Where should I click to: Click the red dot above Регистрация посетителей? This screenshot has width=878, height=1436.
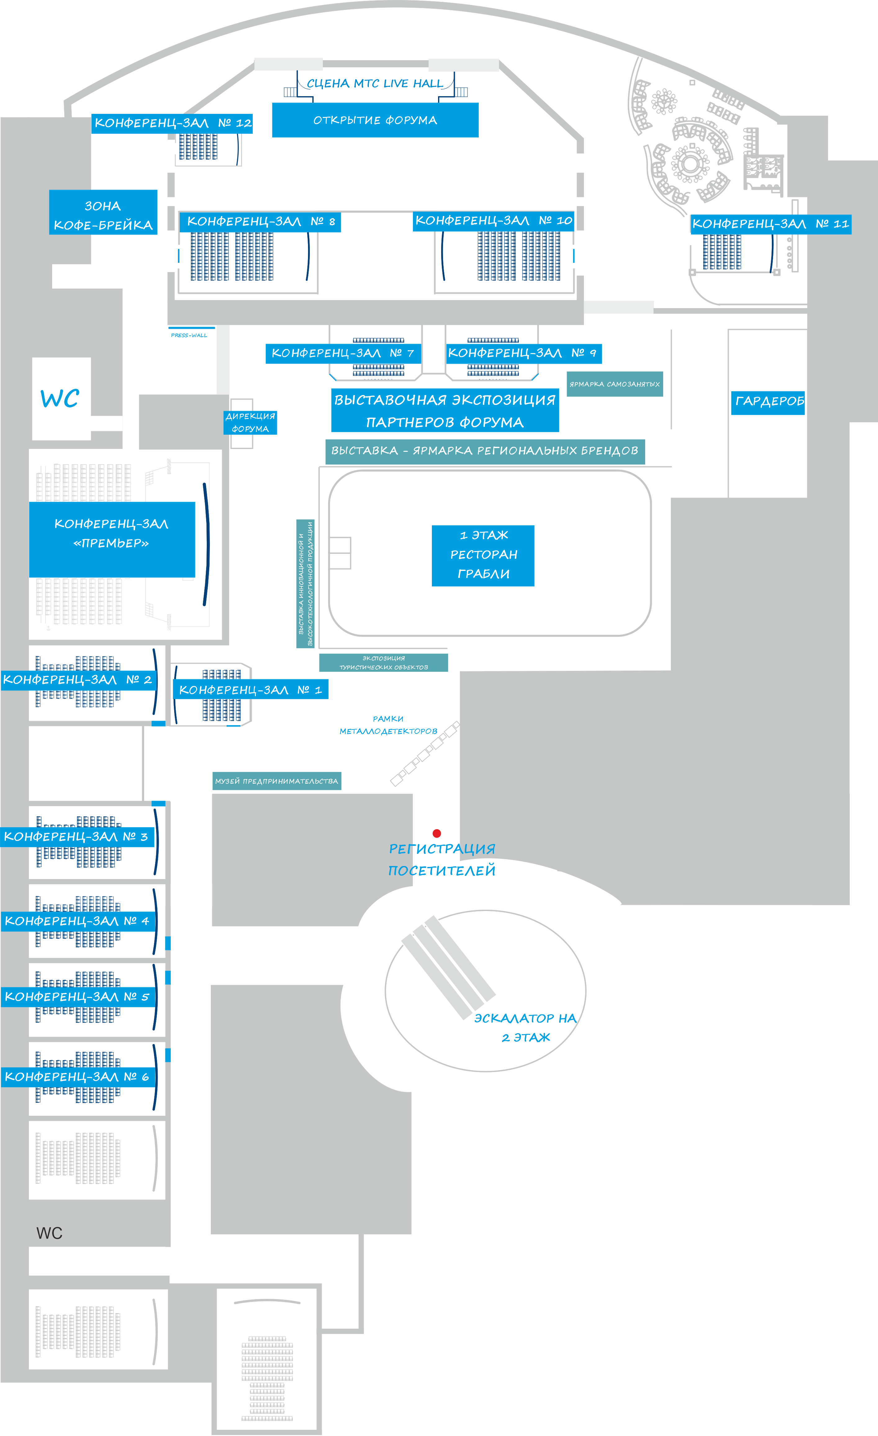[437, 833]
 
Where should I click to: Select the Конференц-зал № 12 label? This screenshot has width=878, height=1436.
[172, 123]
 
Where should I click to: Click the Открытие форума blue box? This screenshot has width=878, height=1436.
[375, 120]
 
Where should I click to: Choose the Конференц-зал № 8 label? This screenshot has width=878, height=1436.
[260, 222]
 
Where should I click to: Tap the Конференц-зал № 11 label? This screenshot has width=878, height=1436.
[770, 224]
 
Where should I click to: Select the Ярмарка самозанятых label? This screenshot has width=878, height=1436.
[614, 384]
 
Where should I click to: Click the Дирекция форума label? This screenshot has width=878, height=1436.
[250, 423]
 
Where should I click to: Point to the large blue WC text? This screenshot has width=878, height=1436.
[60, 399]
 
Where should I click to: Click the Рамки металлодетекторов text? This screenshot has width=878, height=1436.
[388, 725]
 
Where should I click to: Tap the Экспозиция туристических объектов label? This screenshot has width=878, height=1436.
[384, 663]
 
